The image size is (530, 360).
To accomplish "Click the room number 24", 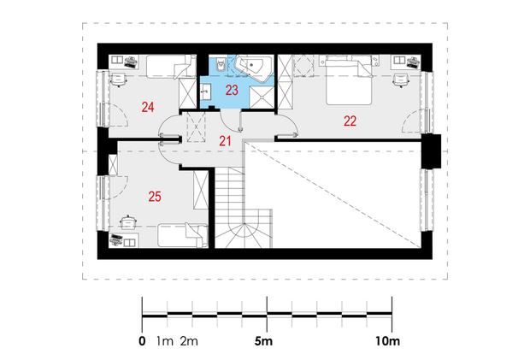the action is (148, 107).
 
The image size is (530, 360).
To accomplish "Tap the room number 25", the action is (155, 197).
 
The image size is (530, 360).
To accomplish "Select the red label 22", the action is (350, 121).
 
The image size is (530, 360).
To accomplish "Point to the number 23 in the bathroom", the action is (232, 91).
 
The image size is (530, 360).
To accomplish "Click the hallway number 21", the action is (225, 141).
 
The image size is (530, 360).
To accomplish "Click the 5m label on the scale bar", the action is (263, 341).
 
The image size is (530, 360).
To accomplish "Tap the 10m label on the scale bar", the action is (387, 341).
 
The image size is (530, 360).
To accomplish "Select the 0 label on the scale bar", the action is (142, 341).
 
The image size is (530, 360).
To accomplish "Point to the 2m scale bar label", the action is (189, 341).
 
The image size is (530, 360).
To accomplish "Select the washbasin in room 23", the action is (205, 92).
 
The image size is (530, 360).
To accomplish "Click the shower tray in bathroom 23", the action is (262, 97).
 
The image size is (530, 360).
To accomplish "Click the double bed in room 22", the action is (349, 80).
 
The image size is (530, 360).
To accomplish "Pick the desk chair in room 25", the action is (128, 222).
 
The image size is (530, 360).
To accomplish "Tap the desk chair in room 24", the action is (118, 80).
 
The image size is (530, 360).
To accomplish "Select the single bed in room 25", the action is (183, 235).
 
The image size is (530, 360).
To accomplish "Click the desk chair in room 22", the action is (401, 80).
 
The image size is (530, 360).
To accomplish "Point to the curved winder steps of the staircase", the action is (244, 235).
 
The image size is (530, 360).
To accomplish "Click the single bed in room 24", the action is (171, 67).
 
